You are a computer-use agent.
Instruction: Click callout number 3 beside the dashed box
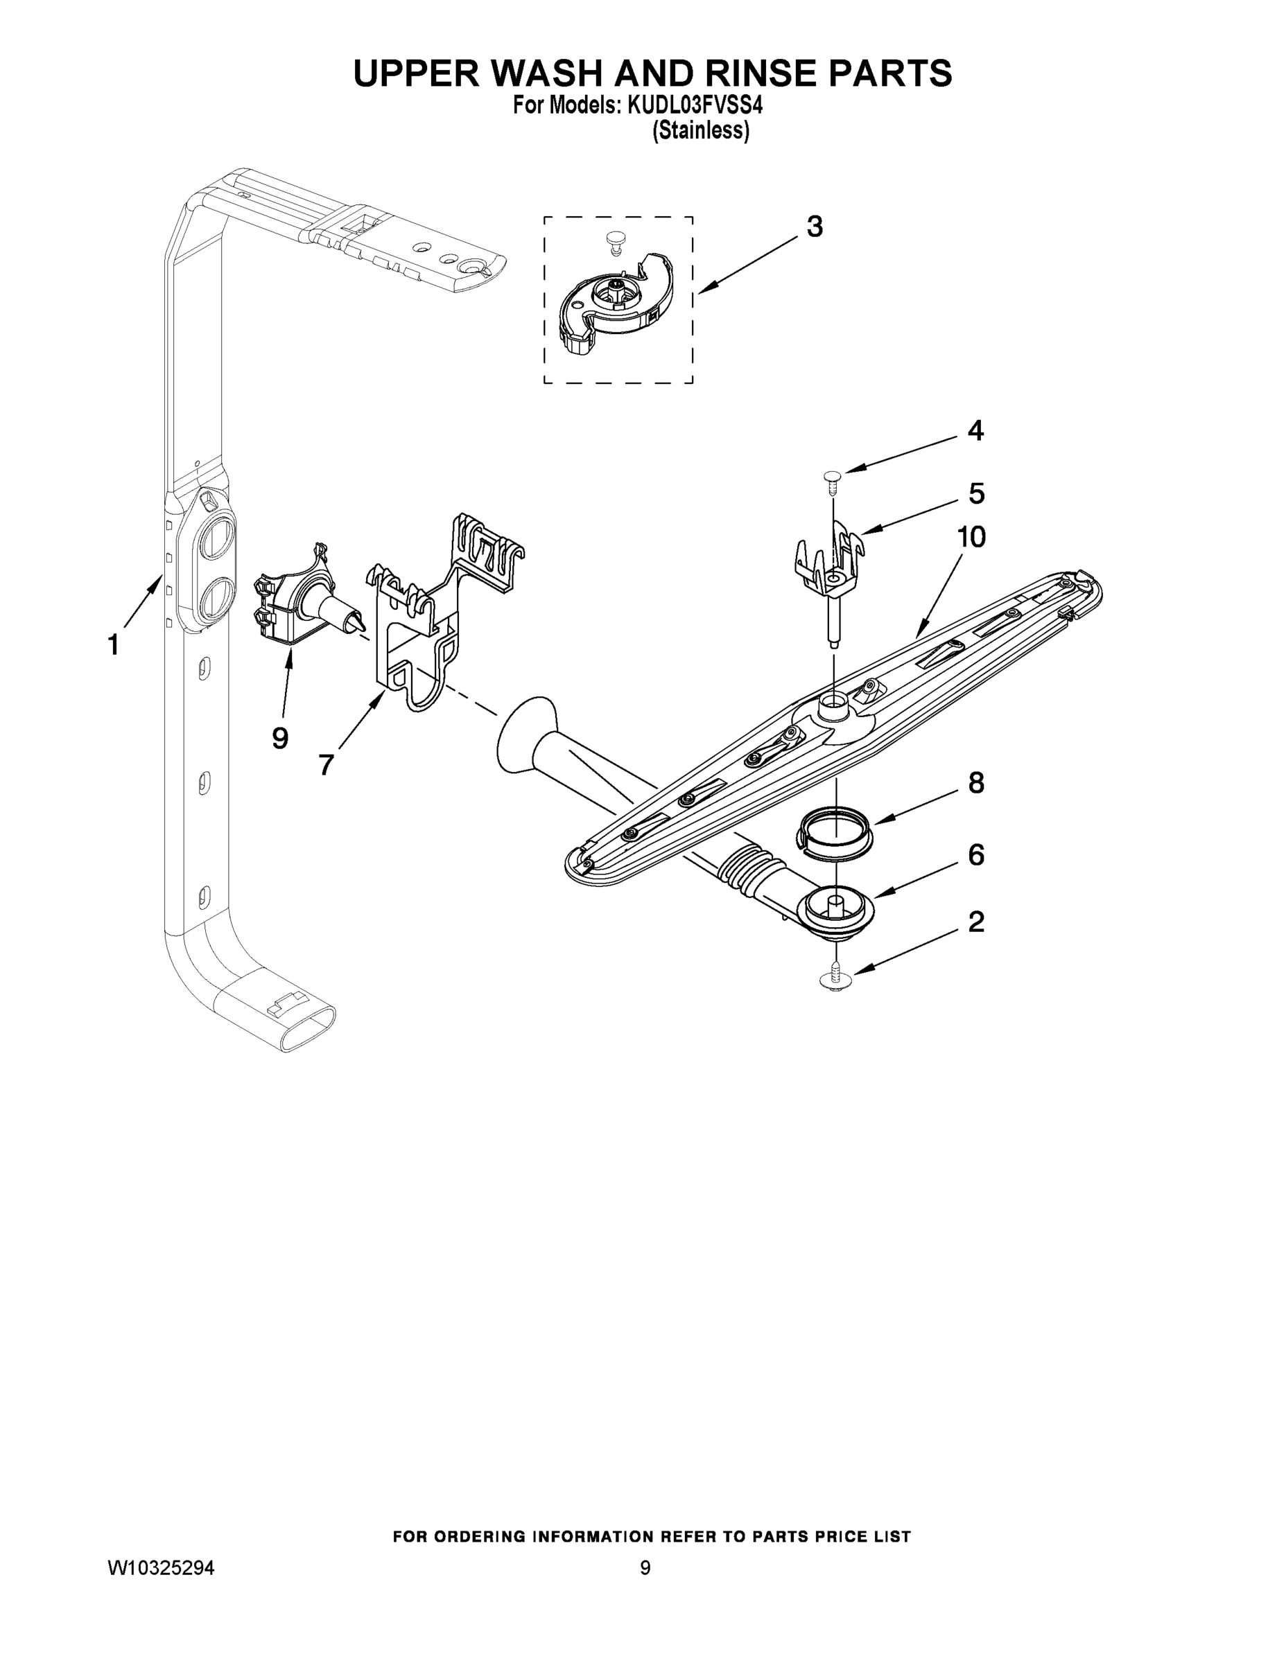pos(815,227)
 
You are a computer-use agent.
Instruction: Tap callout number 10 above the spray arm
pos(971,537)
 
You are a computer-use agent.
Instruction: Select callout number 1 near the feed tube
pos(114,645)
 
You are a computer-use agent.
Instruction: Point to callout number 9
pos(279,737)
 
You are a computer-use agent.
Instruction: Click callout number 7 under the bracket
pos(326,764)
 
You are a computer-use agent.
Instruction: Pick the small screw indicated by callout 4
pos(832,477)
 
